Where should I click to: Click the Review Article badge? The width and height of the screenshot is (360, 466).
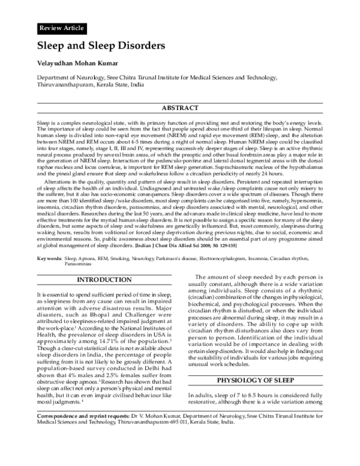point(61,28)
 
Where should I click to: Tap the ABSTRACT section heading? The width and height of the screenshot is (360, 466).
point(180,108)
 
